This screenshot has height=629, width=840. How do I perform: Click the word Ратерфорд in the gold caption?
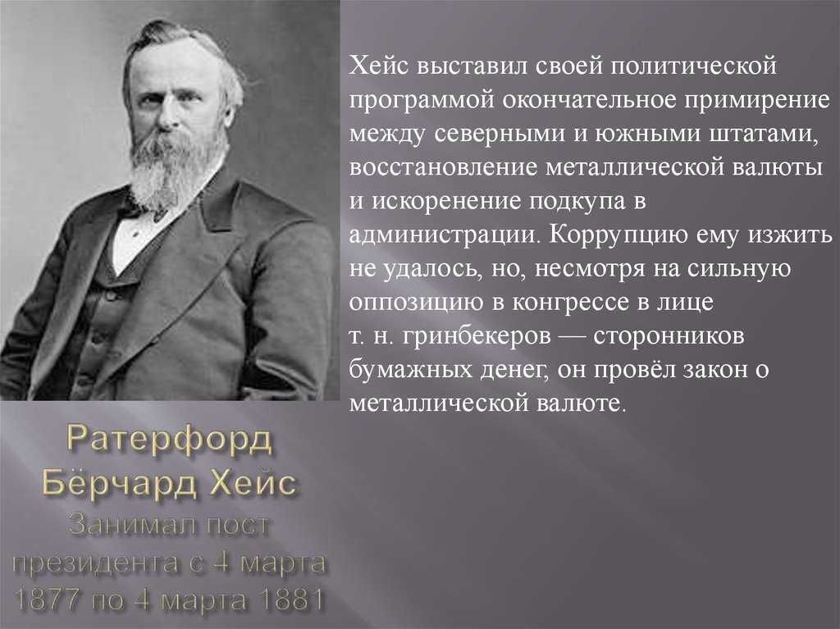pyautogui.click(x=170, y=441)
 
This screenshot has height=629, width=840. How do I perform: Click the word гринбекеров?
pyautogui.click(x=477, y=336)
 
